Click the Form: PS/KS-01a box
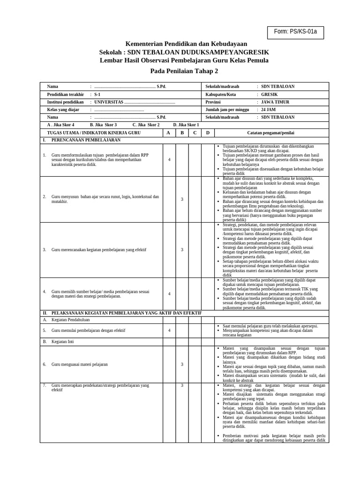tap(295, 32)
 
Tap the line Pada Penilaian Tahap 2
tap(184, 71)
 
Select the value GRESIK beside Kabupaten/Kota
tap(269, 94)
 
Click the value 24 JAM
tap(268, 109)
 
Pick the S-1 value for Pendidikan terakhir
tap(97, 94)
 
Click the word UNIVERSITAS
tap(109, 102)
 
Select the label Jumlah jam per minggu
tap(227, 109)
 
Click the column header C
tap(195, 133)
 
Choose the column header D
tap(208, 133)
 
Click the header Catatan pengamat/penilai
tap(271, 133)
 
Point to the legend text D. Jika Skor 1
tap(186, 125)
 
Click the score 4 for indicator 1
tap(169, 160)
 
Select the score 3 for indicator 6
tap(182, 364)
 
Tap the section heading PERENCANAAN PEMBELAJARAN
tap(86, 140)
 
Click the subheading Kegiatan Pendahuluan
tap(70, 320)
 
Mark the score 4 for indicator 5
tap(169, 330)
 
